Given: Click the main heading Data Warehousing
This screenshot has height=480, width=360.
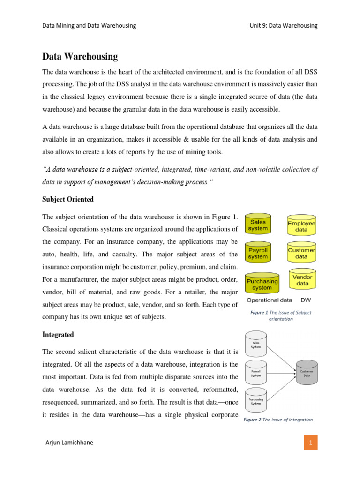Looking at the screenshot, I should [x=80, y=57].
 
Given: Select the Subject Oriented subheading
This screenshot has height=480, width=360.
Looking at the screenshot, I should [x=68, y=199].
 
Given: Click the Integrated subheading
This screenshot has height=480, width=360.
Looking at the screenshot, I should [x=59, y=336].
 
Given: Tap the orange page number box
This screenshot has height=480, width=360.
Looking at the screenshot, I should [x=310, y=442].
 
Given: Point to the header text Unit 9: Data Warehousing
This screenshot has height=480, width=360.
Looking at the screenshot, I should [x=283, y=25].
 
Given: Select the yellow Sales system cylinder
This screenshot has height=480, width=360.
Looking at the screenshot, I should [x=258, y=225].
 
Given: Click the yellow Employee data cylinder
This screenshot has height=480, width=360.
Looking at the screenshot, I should [x=301, y=226].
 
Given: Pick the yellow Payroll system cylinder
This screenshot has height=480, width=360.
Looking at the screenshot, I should [x=258, y=254].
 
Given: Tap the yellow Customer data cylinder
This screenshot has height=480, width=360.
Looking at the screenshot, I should [x=301, y=254].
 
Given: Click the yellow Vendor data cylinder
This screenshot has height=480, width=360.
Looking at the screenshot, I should [x=302, y=280].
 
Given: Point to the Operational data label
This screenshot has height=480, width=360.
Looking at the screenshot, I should [x=269, y=300].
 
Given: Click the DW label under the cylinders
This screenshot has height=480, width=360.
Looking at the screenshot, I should [x=306, y=300].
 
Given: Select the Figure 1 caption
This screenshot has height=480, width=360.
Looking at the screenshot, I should [x=281, y=315].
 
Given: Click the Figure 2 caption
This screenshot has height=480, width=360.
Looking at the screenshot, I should [x=278, y=420].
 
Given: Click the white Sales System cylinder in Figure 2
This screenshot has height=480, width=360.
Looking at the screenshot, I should [x=256, y=345].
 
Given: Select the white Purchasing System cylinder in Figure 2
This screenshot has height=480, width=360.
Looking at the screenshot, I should [x=256, y=401].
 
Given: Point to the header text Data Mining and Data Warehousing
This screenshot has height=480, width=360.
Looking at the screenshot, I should [x=89, y=25].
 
